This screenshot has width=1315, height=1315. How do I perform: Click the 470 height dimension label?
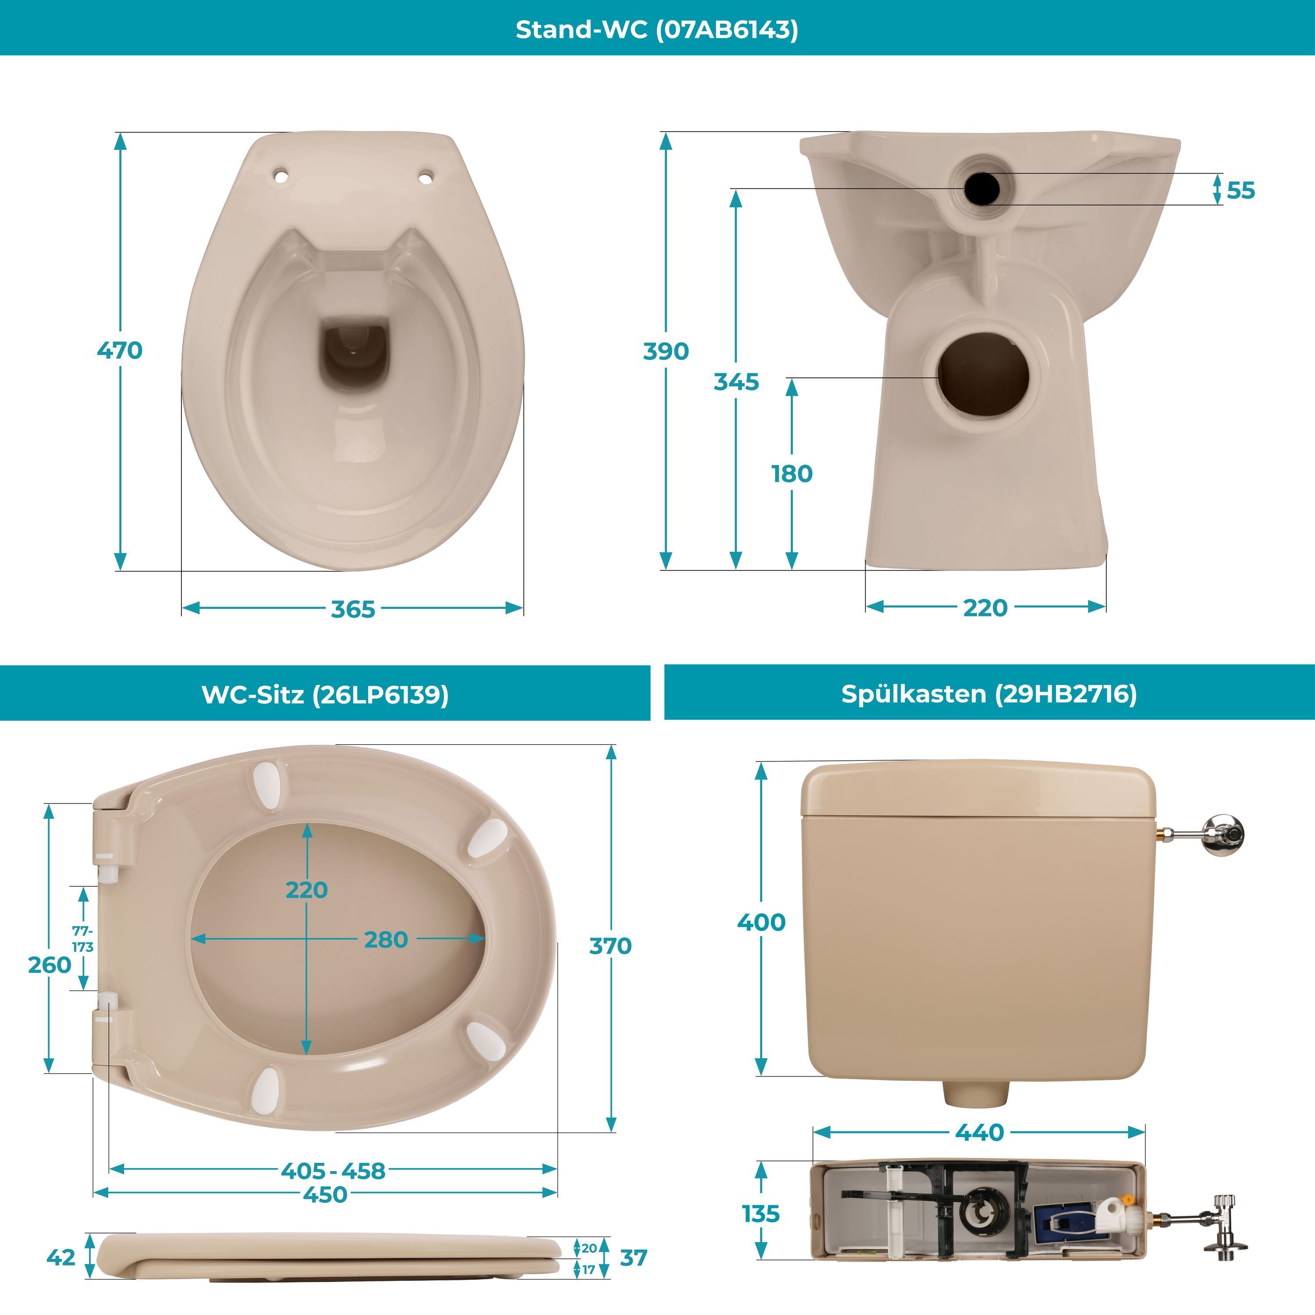[120, 351]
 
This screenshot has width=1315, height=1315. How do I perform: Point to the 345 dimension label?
[736, 382]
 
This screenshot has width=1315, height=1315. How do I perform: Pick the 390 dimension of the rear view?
[666, 351]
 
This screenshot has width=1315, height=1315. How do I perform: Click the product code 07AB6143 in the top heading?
[727, 29]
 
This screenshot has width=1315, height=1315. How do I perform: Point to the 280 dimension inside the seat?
[386, 939]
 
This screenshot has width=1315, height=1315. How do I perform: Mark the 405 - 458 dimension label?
[333, 1171]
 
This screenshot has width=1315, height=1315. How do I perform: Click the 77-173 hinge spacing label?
[82, 938]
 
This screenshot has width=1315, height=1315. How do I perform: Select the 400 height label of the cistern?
[761, 922]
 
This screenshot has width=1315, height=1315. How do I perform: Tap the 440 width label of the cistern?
[979, 1132]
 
